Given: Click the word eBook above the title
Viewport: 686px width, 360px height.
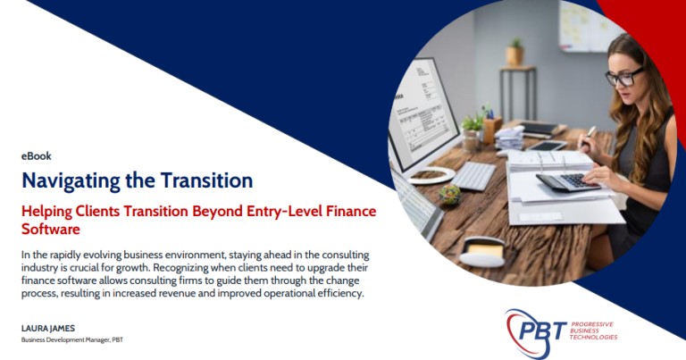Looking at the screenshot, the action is tap(37, 156).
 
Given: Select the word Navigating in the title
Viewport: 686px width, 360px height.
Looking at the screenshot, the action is tap(71, 181).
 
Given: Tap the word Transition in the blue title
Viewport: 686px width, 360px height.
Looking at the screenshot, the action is tap(206, 180).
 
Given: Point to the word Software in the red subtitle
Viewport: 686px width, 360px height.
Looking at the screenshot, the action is tap(51, 230).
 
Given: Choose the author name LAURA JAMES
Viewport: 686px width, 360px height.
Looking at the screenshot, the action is tap(48, 328).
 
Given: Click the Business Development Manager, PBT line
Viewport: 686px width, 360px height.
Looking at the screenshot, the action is tap(72, 339).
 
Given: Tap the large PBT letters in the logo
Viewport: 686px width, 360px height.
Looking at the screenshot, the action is tap(540, 331).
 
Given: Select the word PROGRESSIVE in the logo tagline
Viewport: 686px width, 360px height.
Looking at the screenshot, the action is tap(592, 324).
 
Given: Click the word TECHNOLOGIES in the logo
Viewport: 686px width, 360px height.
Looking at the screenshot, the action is tap(593, 338).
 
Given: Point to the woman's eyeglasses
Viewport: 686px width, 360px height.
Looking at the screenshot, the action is tap(624, 77).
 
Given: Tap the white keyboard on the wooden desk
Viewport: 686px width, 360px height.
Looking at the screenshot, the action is tap(473, 175).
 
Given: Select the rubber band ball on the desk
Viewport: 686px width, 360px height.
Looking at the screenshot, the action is tap(450, 195).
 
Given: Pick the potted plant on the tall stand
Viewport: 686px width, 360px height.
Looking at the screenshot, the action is tap(514, 52).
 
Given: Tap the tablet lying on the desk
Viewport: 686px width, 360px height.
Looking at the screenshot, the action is tap(547, 146).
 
